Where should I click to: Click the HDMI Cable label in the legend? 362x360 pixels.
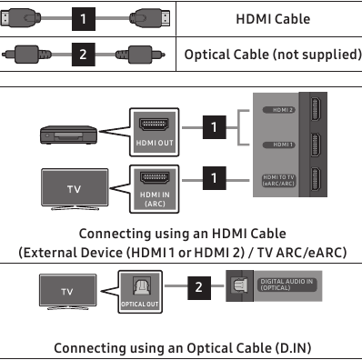[x=271, y=19]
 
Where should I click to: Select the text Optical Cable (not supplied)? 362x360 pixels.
[x=271, y=55]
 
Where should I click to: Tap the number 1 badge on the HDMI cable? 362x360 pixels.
[x=84, y=19]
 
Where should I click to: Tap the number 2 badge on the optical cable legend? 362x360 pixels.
[x=84, y=55]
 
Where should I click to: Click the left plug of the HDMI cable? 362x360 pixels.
[x=25, y=19]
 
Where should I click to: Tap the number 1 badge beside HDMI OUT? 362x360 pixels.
[x=214, y=128]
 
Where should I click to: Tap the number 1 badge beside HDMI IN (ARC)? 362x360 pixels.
[x=214, y=178]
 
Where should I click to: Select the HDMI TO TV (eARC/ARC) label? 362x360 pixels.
[x=278, y=179]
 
